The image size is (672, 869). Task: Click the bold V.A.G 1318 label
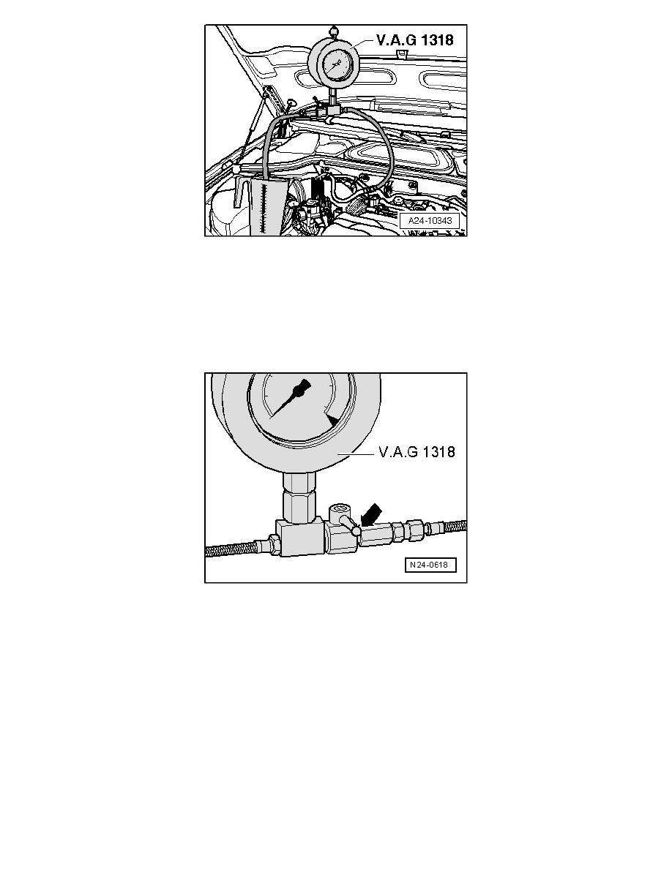(x=414, y=40)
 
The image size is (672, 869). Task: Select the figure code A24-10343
(x=430, y=221)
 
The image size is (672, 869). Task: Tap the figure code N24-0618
(x=430, y=565)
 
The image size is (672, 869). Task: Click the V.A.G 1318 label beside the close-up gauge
(x=417, y=452)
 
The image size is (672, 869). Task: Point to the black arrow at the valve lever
(x=370, y=515)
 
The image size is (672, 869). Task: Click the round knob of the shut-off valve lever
(x=356, y=532)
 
